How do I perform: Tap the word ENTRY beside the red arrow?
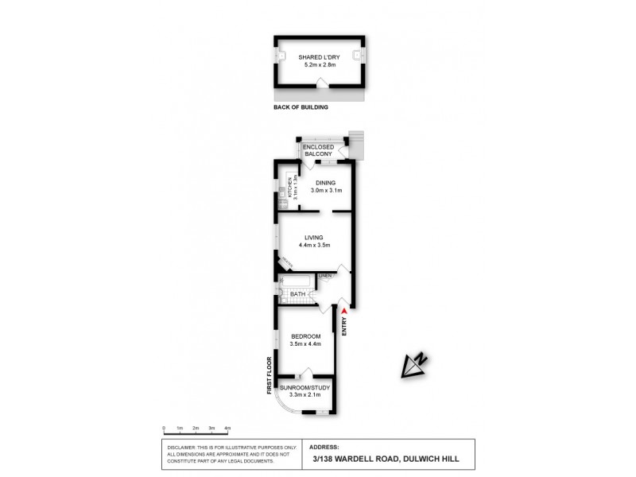click(344, 328)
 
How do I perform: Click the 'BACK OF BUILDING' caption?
click(300, 107)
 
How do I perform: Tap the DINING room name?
click(326, 183)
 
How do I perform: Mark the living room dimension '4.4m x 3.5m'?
click(316, 245)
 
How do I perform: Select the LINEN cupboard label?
click(324, 276)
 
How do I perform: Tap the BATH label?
click(298, 294)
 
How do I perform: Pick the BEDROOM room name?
click(305, 336)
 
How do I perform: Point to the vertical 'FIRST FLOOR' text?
click(270, 376)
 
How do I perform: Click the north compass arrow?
click(413, 364)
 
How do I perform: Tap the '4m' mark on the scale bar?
click(227, 428)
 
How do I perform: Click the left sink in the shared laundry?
click(282, 56)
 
